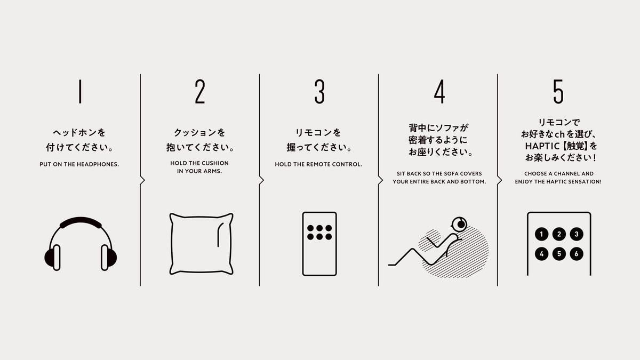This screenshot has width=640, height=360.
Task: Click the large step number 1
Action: coord(81,91)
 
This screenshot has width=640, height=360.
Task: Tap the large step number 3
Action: coord(319,91)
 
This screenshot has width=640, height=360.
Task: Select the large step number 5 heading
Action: coord(558,91)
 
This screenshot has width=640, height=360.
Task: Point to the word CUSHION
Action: coord(214,163)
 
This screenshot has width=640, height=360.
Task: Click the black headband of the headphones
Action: coord(81,221)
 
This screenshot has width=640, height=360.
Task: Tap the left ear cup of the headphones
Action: coord(53,258)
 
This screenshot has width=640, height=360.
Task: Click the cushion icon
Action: coord(202,244)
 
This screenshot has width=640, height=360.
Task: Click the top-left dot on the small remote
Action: coord(310,228)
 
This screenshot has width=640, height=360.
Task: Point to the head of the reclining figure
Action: coord(459,225)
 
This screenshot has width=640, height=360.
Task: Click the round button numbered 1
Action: coord(541,234)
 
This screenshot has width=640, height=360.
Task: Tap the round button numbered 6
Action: coord(577,254)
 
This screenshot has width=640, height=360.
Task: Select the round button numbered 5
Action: coord(559,254)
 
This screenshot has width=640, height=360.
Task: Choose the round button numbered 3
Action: coord(577,234)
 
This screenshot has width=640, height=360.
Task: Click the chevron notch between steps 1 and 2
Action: coord(142,180)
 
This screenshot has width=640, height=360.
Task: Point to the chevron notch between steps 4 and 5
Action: coord(500,180)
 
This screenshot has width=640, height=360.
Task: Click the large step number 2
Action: coord(200,91)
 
